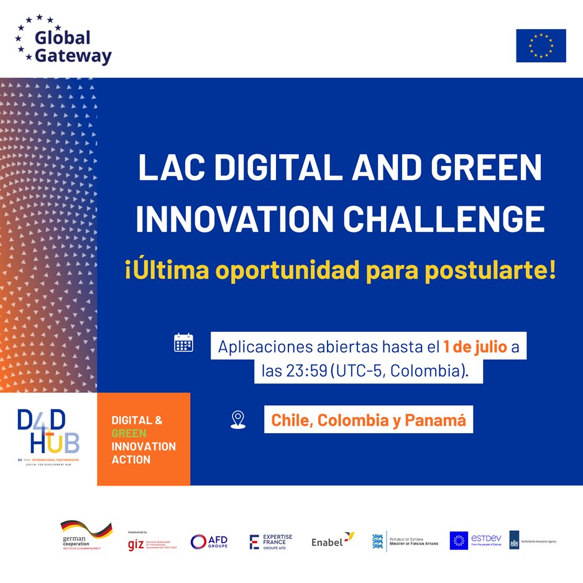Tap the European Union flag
point(541,45)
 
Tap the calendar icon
point(183,342)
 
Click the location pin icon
point(237,420)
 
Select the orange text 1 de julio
point(475,346)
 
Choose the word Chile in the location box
point(291,420)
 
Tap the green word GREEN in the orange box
point(129,433)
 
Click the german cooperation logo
point(86,535)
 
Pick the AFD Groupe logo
point(209,541)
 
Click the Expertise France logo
point(270,541)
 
